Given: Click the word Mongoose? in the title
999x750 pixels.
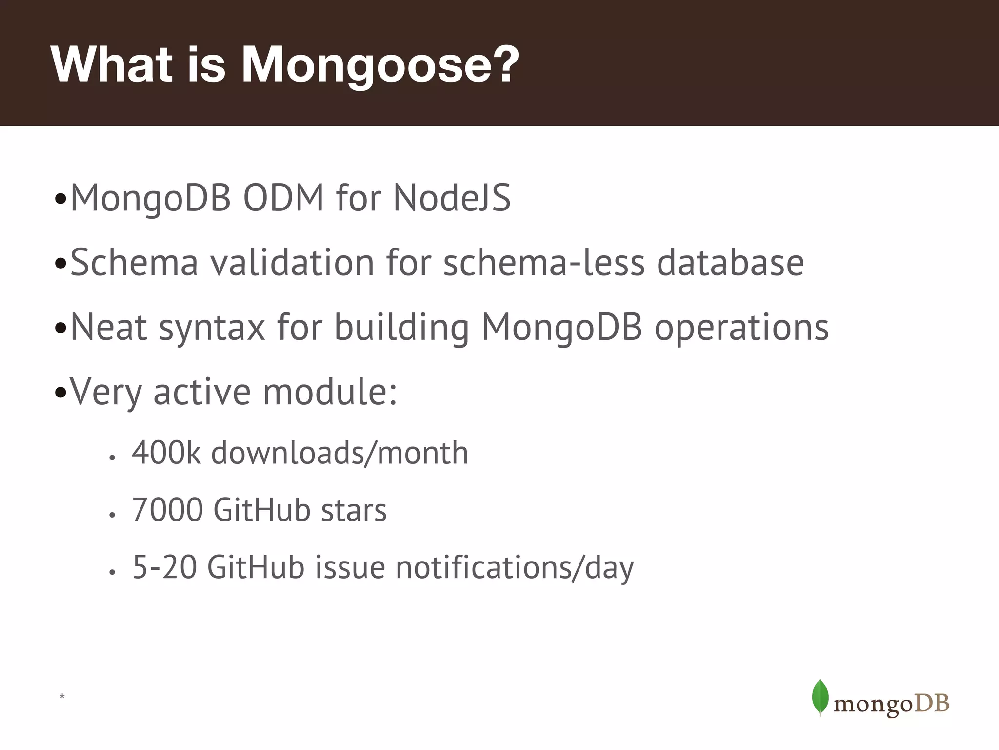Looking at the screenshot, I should tap(380, 64).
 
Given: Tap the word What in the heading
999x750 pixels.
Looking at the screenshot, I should tap(111, 64).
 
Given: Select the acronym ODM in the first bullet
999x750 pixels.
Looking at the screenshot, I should tap(283, 198).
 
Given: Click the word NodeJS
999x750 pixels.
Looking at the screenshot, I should tap(452, 198).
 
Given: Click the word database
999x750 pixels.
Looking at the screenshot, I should tap(730, 263).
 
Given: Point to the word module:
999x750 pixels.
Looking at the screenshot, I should tap(330, 392).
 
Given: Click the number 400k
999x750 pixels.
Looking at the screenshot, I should tap(166, 453).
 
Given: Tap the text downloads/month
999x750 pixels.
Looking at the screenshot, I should tap(340, 453).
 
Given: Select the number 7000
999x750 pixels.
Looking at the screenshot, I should tap(167, 510).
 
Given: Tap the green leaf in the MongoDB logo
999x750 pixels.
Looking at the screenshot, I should tap(820, 697).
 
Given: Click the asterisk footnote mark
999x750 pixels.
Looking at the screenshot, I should tap(62, 696).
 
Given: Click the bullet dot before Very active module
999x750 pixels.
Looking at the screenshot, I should tap(60, 393).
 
